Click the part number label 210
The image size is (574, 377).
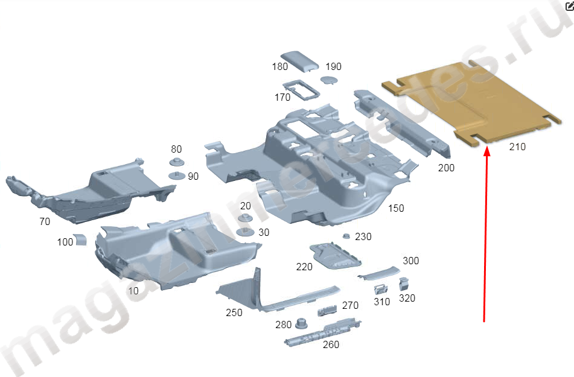coord(517,147)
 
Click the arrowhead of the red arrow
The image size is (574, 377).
coord(487,151)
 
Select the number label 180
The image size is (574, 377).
coord(279,66)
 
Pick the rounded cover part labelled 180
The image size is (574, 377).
coord(299,60)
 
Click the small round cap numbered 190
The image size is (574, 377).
coord(329,80)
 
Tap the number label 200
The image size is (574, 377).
coord(446,168)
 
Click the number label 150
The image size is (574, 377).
coord(396,208)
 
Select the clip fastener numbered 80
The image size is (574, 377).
coord(177,162)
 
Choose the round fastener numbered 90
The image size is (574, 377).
coord(177,176)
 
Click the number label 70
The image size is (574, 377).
coord(45,221)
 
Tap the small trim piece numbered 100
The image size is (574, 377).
coord(80,239)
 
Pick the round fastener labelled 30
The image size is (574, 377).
coord(245,232)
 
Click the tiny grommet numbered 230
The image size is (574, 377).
coord(346,236)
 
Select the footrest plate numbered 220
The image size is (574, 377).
coord(336,256)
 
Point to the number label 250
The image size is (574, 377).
coord(234,312)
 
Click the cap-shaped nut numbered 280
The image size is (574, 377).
coord(301,323)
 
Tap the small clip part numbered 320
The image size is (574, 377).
coord(403,284)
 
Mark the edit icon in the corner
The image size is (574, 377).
coord(570,6)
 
